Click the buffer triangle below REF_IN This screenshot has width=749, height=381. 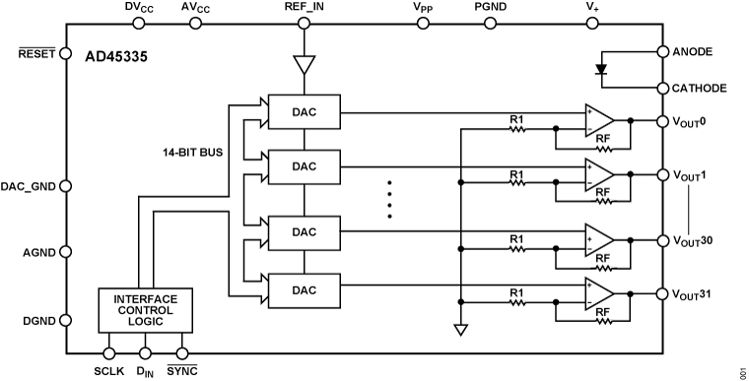(305, 67)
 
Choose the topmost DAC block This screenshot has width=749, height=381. (305, 110)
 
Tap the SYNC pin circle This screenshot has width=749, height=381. (181, 352)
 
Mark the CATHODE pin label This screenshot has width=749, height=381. (700, 89)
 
